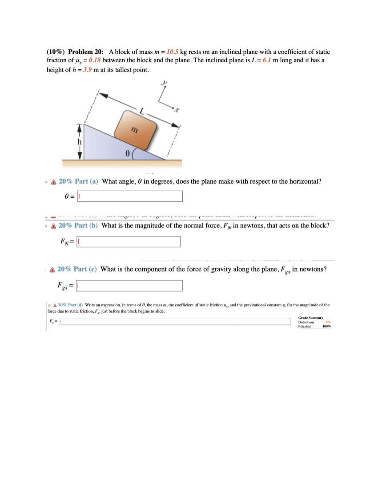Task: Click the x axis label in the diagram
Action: click(x=177, y=109)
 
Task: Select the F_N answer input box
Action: click(x=129, y=241)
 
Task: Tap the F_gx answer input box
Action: click(x=129, y=285)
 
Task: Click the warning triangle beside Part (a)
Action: click(x=53, y=182)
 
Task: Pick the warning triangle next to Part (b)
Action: click(x=53, y=226)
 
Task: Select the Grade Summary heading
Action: click(x=310, y=317)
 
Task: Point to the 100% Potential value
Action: click(x=326, y=326)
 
